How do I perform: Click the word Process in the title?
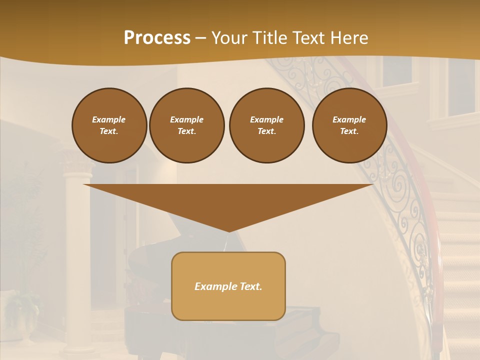tap(157, 38)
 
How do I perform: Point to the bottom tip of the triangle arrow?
tap(228, 231)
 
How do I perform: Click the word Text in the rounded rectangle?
tap(250, 286)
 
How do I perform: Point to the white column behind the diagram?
tap(79, 260)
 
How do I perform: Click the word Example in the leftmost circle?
tap(109, 119)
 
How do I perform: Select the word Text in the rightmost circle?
tap(349, 131)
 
